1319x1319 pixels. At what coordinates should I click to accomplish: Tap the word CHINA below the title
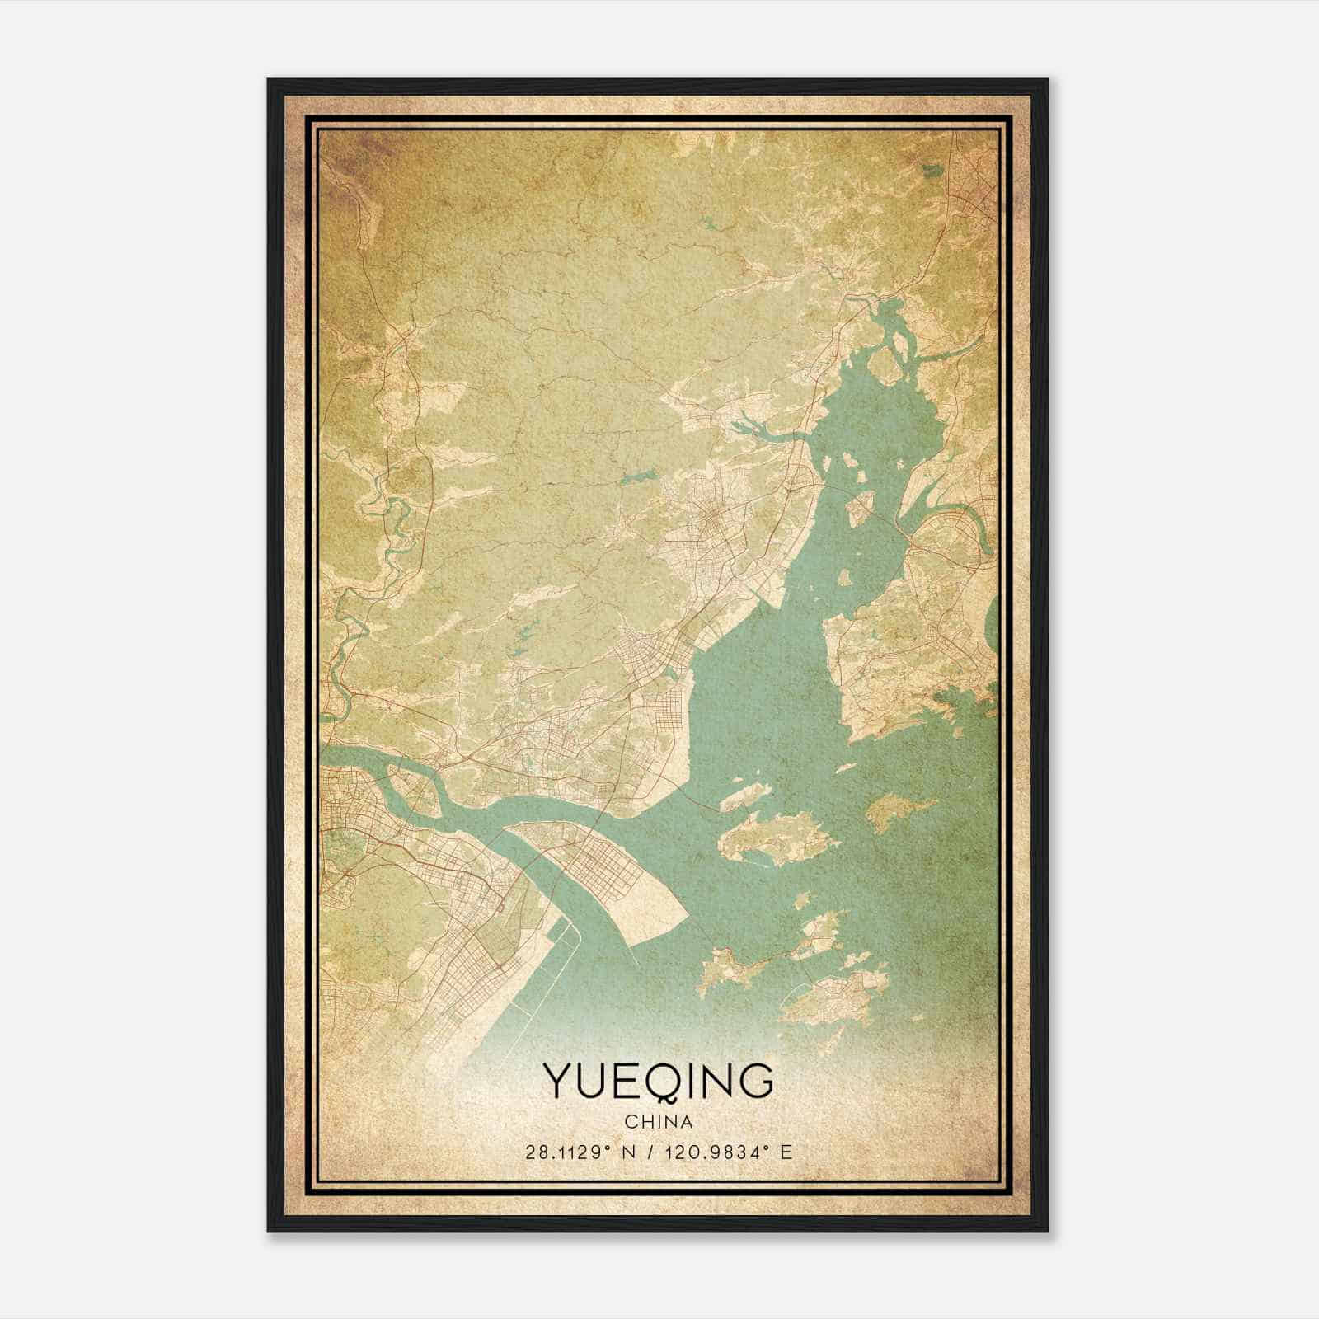coord(658,1122)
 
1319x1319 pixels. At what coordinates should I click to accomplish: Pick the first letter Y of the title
coord(556,1082)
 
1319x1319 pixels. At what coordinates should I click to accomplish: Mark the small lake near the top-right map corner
coord(931,171)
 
